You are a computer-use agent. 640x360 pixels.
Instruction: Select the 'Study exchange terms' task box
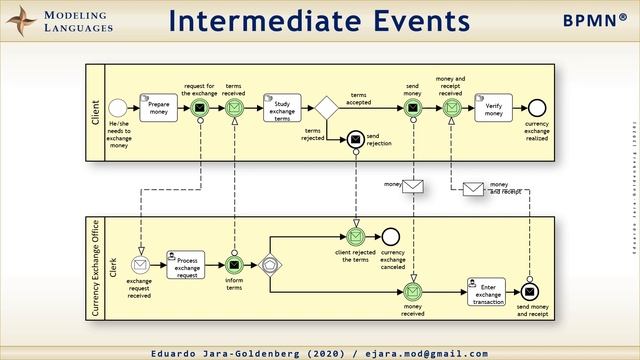pyautogui.click(x=282, y=107)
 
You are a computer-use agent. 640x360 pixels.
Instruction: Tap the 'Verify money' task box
pyautogui.click(x=494, y=107)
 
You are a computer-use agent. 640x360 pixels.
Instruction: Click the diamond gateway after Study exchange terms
pyautogui.click(x=325, y=107)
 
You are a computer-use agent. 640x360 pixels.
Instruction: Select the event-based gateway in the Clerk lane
pyautogui.click(x=270, y=265)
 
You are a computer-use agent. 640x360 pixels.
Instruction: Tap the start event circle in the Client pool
pyautogui.click(x=118, y=107)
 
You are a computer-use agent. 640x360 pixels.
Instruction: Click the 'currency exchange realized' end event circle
pyautogui.click(x=536, y=107)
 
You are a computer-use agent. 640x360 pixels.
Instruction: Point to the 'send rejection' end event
pyautogui.click(x=355, y=140)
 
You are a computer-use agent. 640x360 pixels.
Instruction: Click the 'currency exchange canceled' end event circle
pyautogui.click(x=391, y=237)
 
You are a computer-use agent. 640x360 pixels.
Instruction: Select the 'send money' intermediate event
pyautogui.click(x=413, y=107)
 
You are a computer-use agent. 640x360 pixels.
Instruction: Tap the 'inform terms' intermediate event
pyautogui.click(x=234, y=265)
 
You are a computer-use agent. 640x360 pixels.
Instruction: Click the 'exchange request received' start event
pyautogui.click(x=141, y=265)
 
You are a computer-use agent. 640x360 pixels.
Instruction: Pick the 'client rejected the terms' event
pyautogui.click(x=355, y=237)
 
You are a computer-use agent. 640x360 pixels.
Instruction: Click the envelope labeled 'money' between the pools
pyautogui.click(x=413, y=186)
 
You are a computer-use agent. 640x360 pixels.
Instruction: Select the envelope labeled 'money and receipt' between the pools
pyautogui.click(x=473, y=187)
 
